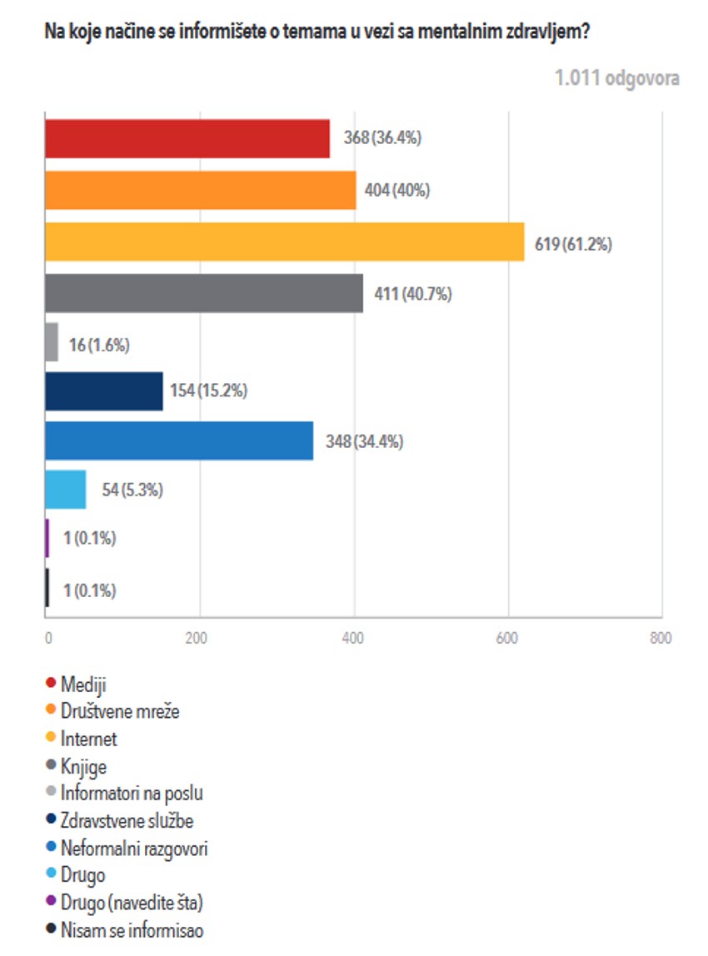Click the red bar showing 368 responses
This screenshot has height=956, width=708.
187,138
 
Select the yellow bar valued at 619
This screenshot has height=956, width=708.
284,241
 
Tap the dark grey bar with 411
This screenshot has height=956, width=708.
203,293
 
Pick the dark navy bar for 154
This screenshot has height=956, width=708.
103,391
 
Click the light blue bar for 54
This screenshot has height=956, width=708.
65,489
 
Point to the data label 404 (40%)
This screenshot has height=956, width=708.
397,190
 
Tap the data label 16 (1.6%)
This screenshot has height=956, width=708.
100,344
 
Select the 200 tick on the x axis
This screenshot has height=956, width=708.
198,639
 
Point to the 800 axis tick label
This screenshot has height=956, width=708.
660,639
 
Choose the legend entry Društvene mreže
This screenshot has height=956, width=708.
120,711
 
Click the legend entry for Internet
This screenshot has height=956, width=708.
89,739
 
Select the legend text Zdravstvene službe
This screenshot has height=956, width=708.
127,821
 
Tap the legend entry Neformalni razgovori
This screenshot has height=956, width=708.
134,849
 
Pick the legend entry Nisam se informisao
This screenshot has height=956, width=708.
132,930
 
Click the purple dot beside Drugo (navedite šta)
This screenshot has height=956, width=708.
51,903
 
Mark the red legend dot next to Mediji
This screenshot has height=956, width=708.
51,685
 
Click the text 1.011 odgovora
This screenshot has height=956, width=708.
616,78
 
